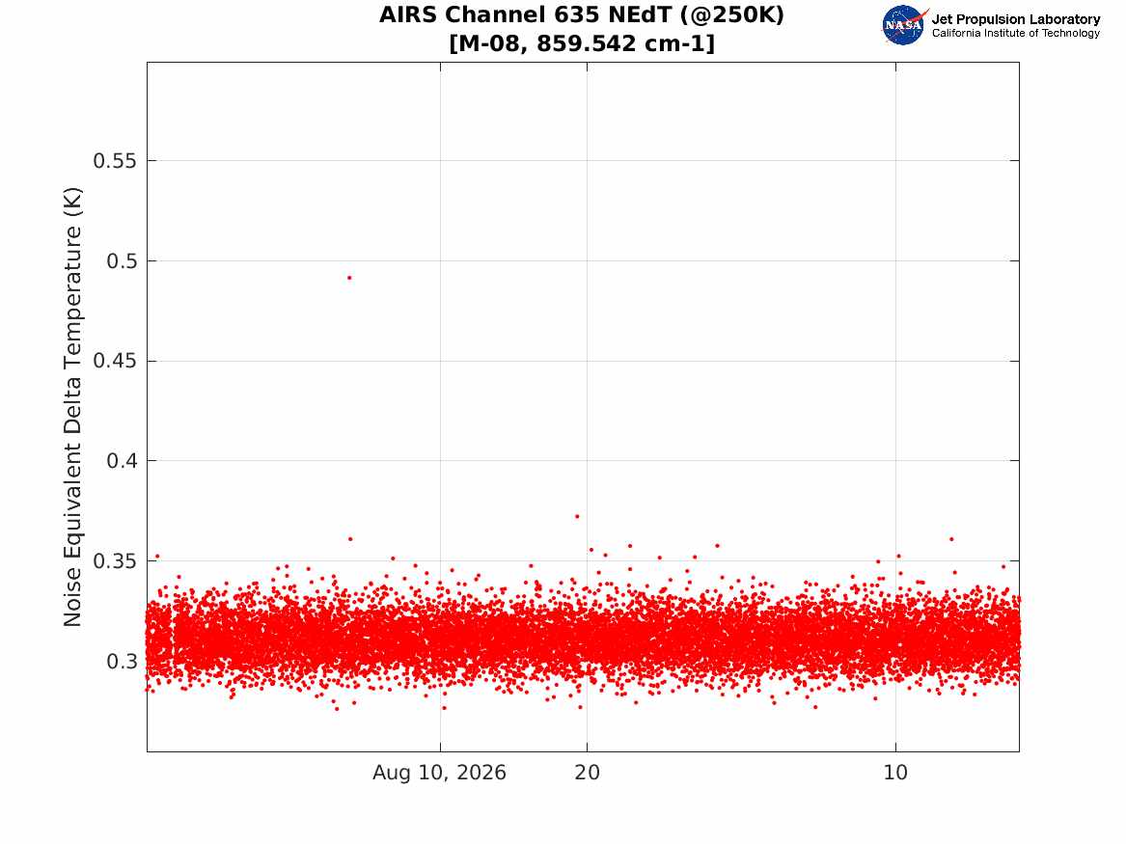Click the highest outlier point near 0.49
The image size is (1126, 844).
(x=349, y=278)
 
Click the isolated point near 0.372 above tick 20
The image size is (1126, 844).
(x=577, y=516)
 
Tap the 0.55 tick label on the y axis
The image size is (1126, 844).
(x=114, y=161)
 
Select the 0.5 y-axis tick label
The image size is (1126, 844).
(x=122, y=261)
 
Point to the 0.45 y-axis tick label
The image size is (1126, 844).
(x=114, y=361)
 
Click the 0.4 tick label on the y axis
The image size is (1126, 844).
(x=122, y=461)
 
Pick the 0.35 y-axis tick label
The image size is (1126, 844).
(x=114, y=561)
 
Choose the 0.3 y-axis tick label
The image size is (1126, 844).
(x=122, y=661)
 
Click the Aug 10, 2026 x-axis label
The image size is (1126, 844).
(x=439, y=773)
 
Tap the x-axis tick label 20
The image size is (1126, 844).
(x=588, y=773)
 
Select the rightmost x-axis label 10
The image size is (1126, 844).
(x=895, y=773)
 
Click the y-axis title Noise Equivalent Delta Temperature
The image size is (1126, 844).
(x=72, y=407)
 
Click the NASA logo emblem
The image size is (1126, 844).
(x=904, y=26)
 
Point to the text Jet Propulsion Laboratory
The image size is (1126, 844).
(x=1016, y=19)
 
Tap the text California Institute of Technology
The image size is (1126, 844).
(x=1016, y=33)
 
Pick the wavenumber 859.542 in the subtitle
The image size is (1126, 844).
(x=587, y=43)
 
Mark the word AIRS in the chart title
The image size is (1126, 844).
(x=408, y=15)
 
